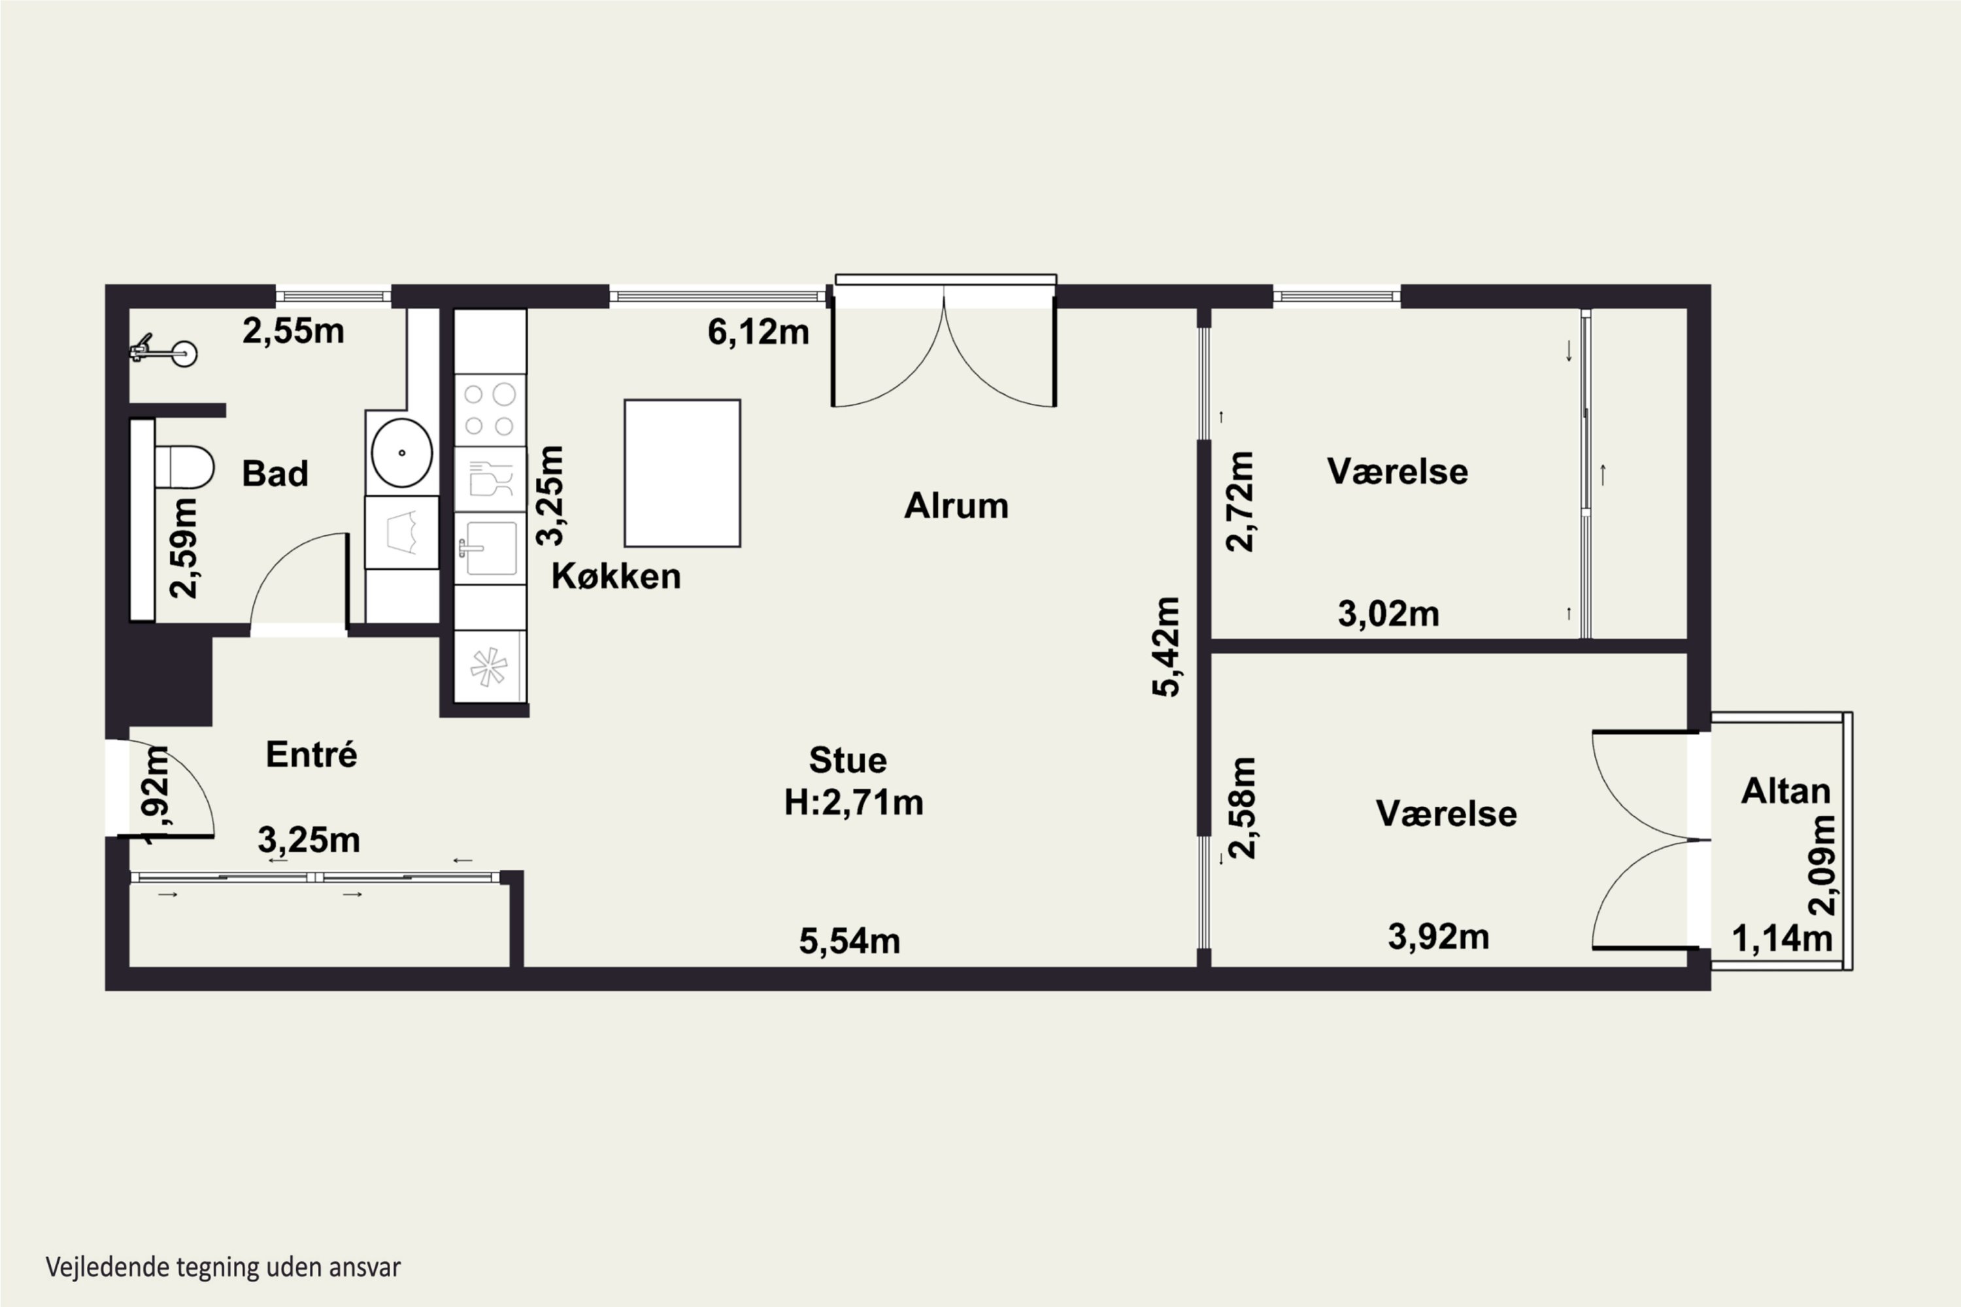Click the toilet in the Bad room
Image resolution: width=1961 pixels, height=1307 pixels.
tap(184, 468)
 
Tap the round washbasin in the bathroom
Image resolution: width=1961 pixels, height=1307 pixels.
tap(402, 453)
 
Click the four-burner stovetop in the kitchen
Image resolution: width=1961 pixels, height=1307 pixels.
tap(490, 410)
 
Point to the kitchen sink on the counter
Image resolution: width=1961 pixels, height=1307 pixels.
tap(490, 548)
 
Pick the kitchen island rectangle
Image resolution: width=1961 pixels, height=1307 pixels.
tap(682, 473)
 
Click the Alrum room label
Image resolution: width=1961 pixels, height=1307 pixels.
tap(956, 506)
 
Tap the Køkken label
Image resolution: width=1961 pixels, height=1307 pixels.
tap(616, 576)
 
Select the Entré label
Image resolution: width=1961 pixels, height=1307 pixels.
tap(312, 754)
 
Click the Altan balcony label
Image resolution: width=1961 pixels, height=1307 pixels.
tap(1786, 790)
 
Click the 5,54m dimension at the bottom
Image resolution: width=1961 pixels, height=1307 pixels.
tap(850, 941)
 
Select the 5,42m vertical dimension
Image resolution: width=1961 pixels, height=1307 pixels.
tap(1166, 646)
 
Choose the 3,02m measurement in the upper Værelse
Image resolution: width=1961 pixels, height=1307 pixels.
tap(1388, 614)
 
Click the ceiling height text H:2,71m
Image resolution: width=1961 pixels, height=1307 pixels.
tap(854, 802)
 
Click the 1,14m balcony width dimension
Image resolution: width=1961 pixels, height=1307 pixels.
tap(1783, 938)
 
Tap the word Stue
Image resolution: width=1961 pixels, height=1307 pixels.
tap(848, 760)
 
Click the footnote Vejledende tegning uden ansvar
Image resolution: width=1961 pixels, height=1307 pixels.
tap(224, 1267)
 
